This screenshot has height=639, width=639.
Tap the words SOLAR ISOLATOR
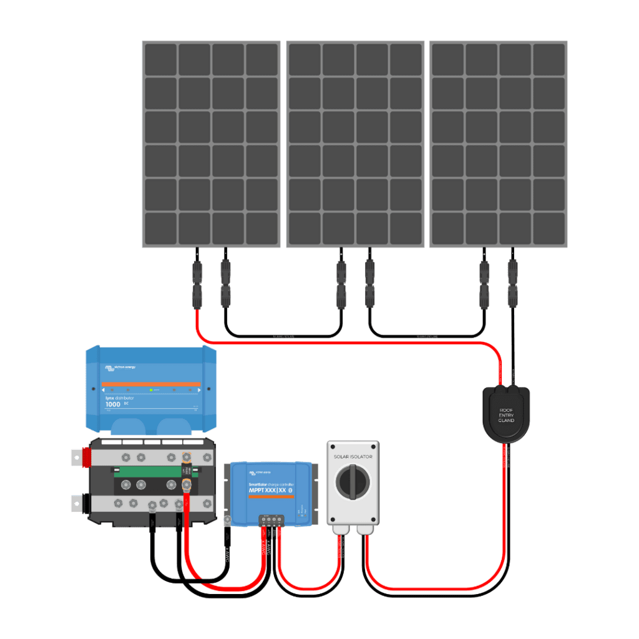coord(353,456)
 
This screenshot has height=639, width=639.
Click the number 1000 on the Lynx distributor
coord(113,404)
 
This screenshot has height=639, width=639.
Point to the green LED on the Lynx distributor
coord(151,390)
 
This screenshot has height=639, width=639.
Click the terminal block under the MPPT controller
coord(271,519)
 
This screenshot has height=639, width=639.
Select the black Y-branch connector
coord(506,412)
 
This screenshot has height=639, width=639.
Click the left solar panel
coord(212,144)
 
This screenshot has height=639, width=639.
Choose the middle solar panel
coord(355,144)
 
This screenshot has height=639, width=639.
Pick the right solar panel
coord(498,144)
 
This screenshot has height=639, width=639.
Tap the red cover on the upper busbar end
coord(84,456)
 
